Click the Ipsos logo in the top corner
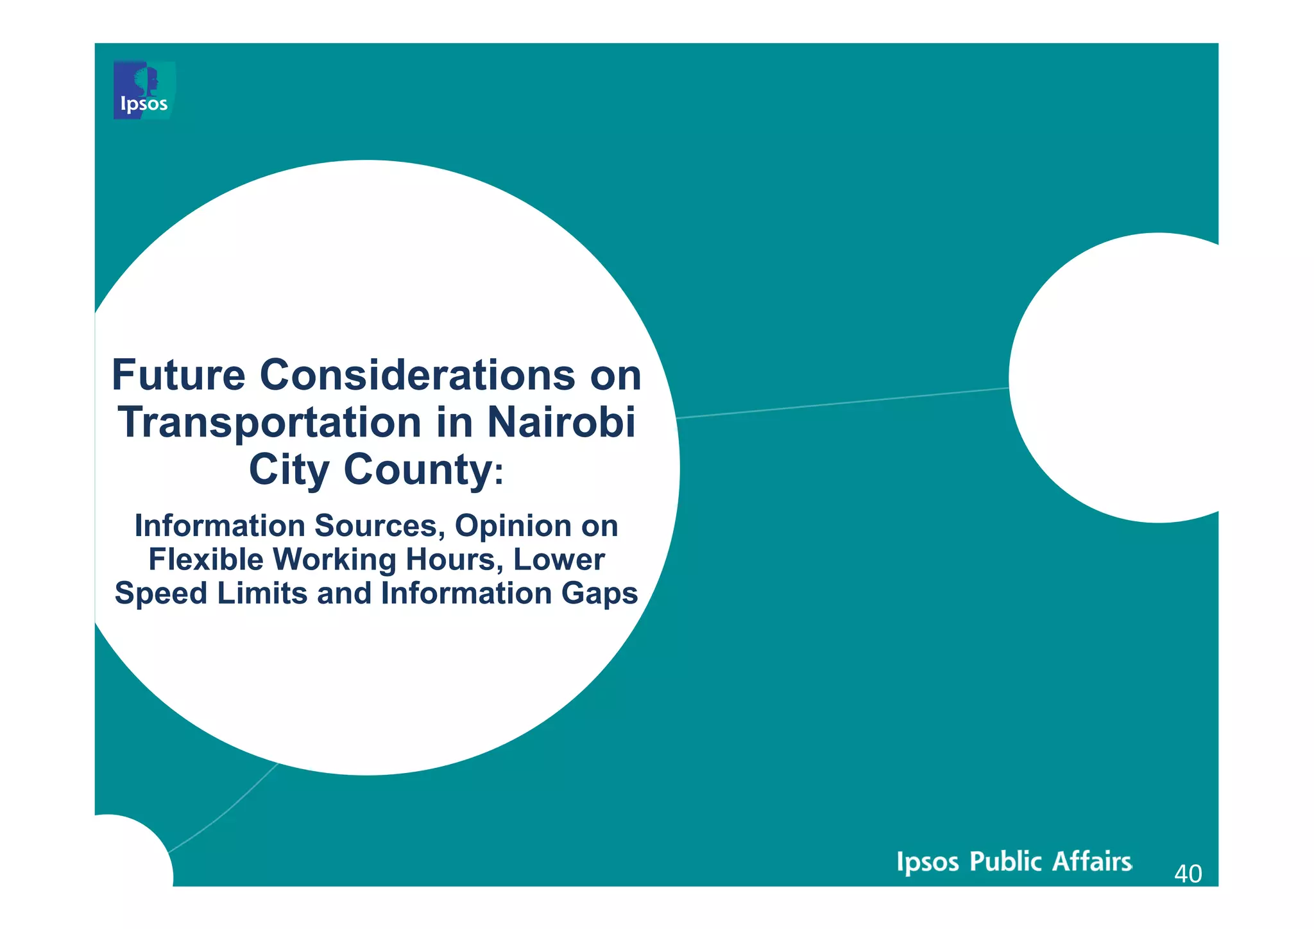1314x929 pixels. coord(144,91)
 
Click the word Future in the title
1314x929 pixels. coord(178,375)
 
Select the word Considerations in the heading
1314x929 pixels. coord(418,375)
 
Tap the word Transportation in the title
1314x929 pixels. coord(270,422)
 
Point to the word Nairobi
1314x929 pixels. coord(561,422)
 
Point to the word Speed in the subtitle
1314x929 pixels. coord(160,593)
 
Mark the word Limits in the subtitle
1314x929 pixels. coord(262,593)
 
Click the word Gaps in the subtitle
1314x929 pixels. coord(599,593)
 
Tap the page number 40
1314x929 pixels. coord(1188,874)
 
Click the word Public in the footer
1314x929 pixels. coord(1006,862)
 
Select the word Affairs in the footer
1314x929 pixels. coord(1092,861)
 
